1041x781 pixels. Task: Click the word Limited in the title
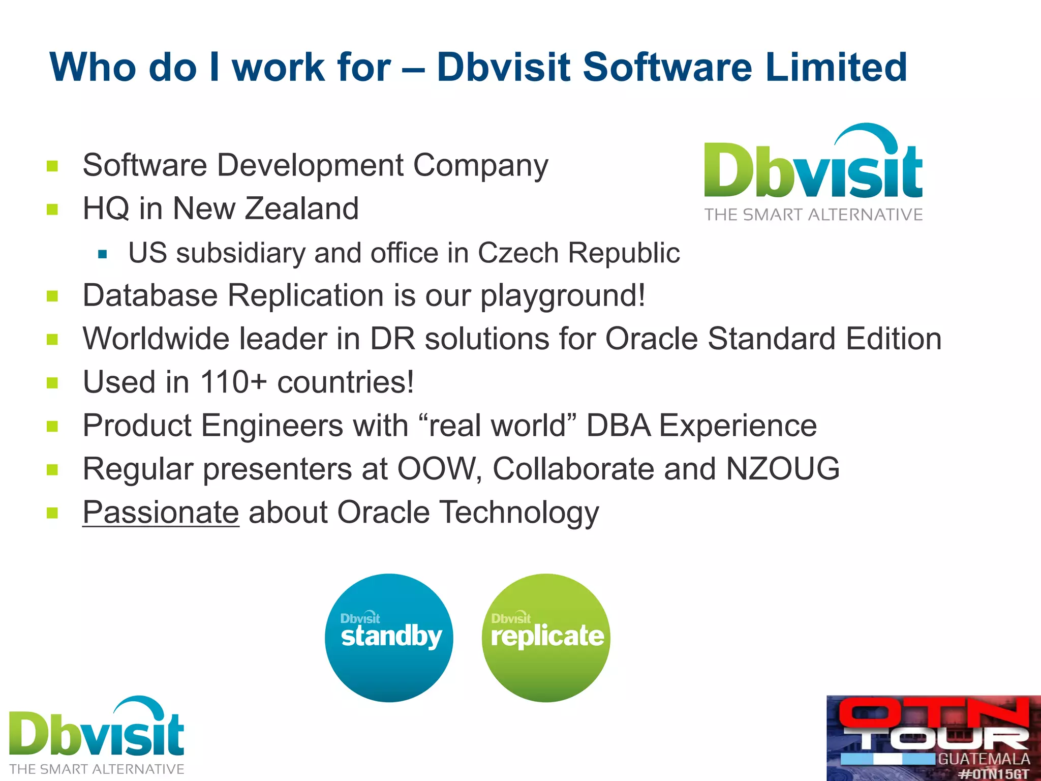tap(836, 67)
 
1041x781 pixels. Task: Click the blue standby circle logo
tap(389, 638)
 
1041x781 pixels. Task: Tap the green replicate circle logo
tap(546, 638)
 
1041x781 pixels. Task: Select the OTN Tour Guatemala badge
tap(933, 737)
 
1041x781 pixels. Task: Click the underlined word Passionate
tap(161, 513)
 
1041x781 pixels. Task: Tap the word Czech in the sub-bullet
tap(518, 253)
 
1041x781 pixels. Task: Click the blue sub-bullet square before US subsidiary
tap(103, 254)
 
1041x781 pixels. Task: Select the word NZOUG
tap(783, 469)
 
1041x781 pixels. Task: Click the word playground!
tap(563, 296)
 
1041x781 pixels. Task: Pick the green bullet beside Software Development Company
tap(52, 166)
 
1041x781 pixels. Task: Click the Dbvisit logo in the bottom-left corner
tap(97, 735)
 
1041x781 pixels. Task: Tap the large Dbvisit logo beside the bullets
tap(813, 173)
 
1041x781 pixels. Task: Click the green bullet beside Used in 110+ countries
tap(52, 382)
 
